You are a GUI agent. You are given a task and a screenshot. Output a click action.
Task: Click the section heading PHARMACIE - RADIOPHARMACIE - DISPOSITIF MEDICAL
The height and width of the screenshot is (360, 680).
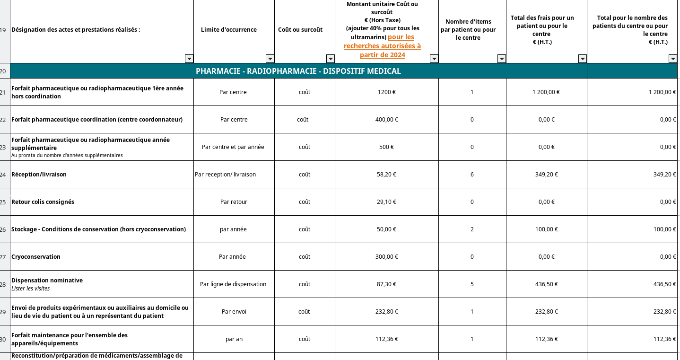(x=298, y=71)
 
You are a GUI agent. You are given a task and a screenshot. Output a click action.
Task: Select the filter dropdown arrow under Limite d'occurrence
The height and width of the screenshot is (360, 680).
(x=270, y=59)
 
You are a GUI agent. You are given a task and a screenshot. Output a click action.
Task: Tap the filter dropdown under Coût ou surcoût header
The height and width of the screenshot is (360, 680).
(x=331, y=59)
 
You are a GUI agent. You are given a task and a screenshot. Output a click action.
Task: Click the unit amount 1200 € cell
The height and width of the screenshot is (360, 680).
(x=386, y=92)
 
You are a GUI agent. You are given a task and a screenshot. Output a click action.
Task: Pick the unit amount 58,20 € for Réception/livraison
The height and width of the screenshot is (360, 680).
(x=386, y=175)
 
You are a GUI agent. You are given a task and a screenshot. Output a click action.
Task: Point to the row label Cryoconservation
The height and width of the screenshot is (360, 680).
(x=36, y=257)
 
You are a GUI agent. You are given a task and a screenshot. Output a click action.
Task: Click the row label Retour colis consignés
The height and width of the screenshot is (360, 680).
(x=43, y=202)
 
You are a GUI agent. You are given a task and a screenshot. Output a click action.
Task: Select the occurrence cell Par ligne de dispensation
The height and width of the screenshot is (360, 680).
(x=233, y=284)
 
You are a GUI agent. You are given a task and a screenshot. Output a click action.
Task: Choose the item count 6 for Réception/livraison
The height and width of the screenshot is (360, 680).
(x=472, y=175)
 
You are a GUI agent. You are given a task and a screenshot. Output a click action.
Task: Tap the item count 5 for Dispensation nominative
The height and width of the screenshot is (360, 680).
(x=472, y=284)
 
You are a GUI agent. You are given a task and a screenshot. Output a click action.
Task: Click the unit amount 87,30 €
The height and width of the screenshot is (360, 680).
(x=386, y=284)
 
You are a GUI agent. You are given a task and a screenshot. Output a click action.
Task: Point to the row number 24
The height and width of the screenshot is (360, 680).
(x=3, y=175)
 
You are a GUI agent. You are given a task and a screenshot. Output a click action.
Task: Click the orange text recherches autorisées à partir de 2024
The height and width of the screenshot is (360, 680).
(x=382, y=46)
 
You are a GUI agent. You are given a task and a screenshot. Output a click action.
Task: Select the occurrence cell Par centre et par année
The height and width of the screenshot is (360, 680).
(x=233, y=147)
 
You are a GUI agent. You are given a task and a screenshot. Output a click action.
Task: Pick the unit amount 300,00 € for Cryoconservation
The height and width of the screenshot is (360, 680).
(x=386, y=257)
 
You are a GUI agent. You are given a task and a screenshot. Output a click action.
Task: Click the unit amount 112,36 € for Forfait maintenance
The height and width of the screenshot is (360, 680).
(x=386, y=339)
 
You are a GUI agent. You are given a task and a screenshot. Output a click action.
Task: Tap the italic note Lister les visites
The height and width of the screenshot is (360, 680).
(x=30, y=289)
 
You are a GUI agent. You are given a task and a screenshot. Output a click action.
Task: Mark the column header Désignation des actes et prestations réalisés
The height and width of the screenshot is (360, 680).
(x=76, y=30)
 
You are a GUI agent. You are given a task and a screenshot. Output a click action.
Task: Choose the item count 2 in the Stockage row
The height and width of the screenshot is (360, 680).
(x=472, y=229)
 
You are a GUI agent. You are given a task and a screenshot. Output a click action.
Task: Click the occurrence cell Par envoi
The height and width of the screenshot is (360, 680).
(x=234, y=312)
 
